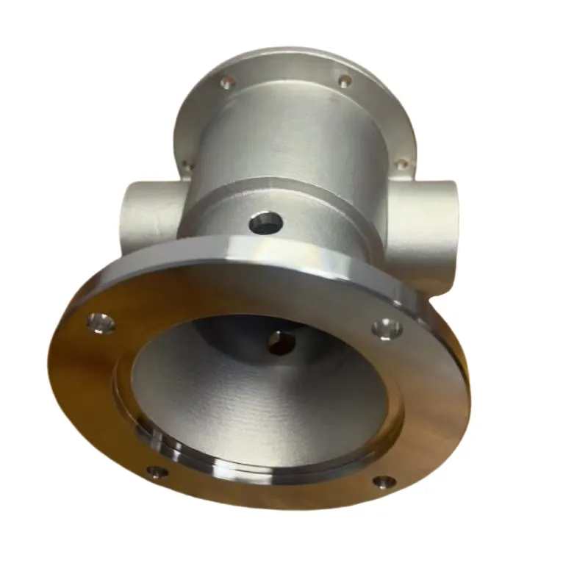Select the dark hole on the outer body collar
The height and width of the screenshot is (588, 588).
click(265, 220)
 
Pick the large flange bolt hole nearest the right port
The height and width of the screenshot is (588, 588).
click(384, 328)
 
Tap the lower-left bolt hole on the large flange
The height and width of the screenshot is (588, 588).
click(157, 471)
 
